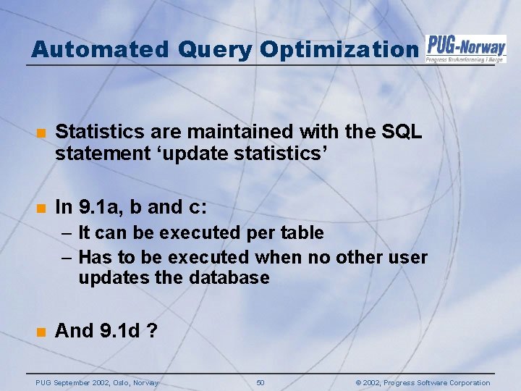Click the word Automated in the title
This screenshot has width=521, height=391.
click(98, 49)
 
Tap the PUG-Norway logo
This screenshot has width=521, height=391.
click(466, 49)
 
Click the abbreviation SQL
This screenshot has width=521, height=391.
click(402, 132)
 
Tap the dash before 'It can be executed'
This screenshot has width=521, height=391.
click(66, 233)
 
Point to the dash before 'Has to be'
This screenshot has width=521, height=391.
click(66, 258)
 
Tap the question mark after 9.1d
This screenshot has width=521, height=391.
click(152, 331)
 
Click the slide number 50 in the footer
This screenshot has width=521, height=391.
click(260, 382)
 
